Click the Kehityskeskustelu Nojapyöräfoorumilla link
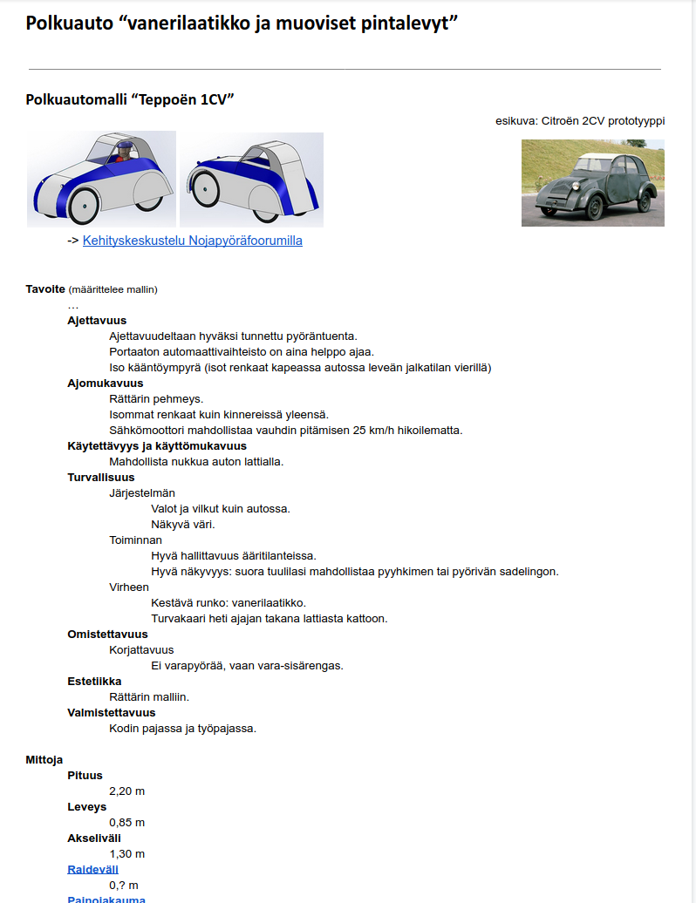click(x=192, y=241)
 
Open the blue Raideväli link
click(x=92, y=869)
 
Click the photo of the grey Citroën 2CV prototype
click(x=592, y=183)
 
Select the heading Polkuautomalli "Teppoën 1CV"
click(x=130, y=99)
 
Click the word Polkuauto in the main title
click(x=67, y=24)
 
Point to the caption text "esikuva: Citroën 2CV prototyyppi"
click(x=579, y=121)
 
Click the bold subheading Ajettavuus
click(x=97, y=321)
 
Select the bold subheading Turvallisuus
click(x=101, y=478)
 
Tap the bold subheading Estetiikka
click(x=94, y=682)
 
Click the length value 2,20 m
click(x=126, y=791)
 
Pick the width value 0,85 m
click(x=126, y=823)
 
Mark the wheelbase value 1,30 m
click(x=126, y=854)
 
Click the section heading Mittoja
click(x=44, y=760)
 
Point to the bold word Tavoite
click(x=45, y=289)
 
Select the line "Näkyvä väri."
click(x=182, y=525)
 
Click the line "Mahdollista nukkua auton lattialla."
click(x=196, y=462)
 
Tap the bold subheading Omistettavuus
click(x=107, y=635)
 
